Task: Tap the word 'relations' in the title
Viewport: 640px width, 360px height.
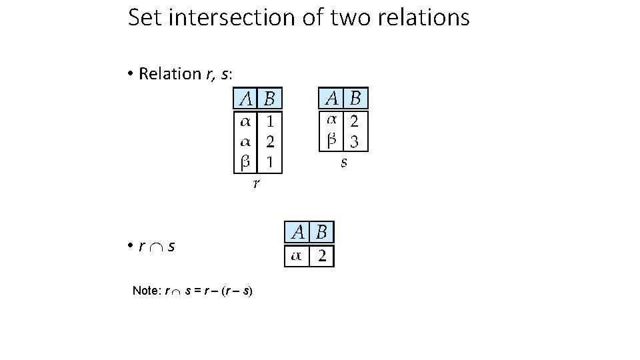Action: (429, 17)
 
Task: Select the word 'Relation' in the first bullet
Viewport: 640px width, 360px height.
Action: (169, 73)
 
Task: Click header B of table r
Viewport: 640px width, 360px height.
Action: (269, 99)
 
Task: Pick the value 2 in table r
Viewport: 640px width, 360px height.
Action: (270, 141)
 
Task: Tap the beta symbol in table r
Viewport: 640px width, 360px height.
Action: (245, 161)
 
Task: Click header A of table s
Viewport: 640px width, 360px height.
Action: (331, 99)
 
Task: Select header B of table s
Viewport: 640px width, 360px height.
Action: (355, 99)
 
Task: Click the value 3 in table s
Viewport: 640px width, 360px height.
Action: (355, 141)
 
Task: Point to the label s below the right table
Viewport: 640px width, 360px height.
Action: (344, 162)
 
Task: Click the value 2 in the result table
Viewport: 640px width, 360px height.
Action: (321, 257)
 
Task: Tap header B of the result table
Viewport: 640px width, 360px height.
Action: (321, 233)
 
